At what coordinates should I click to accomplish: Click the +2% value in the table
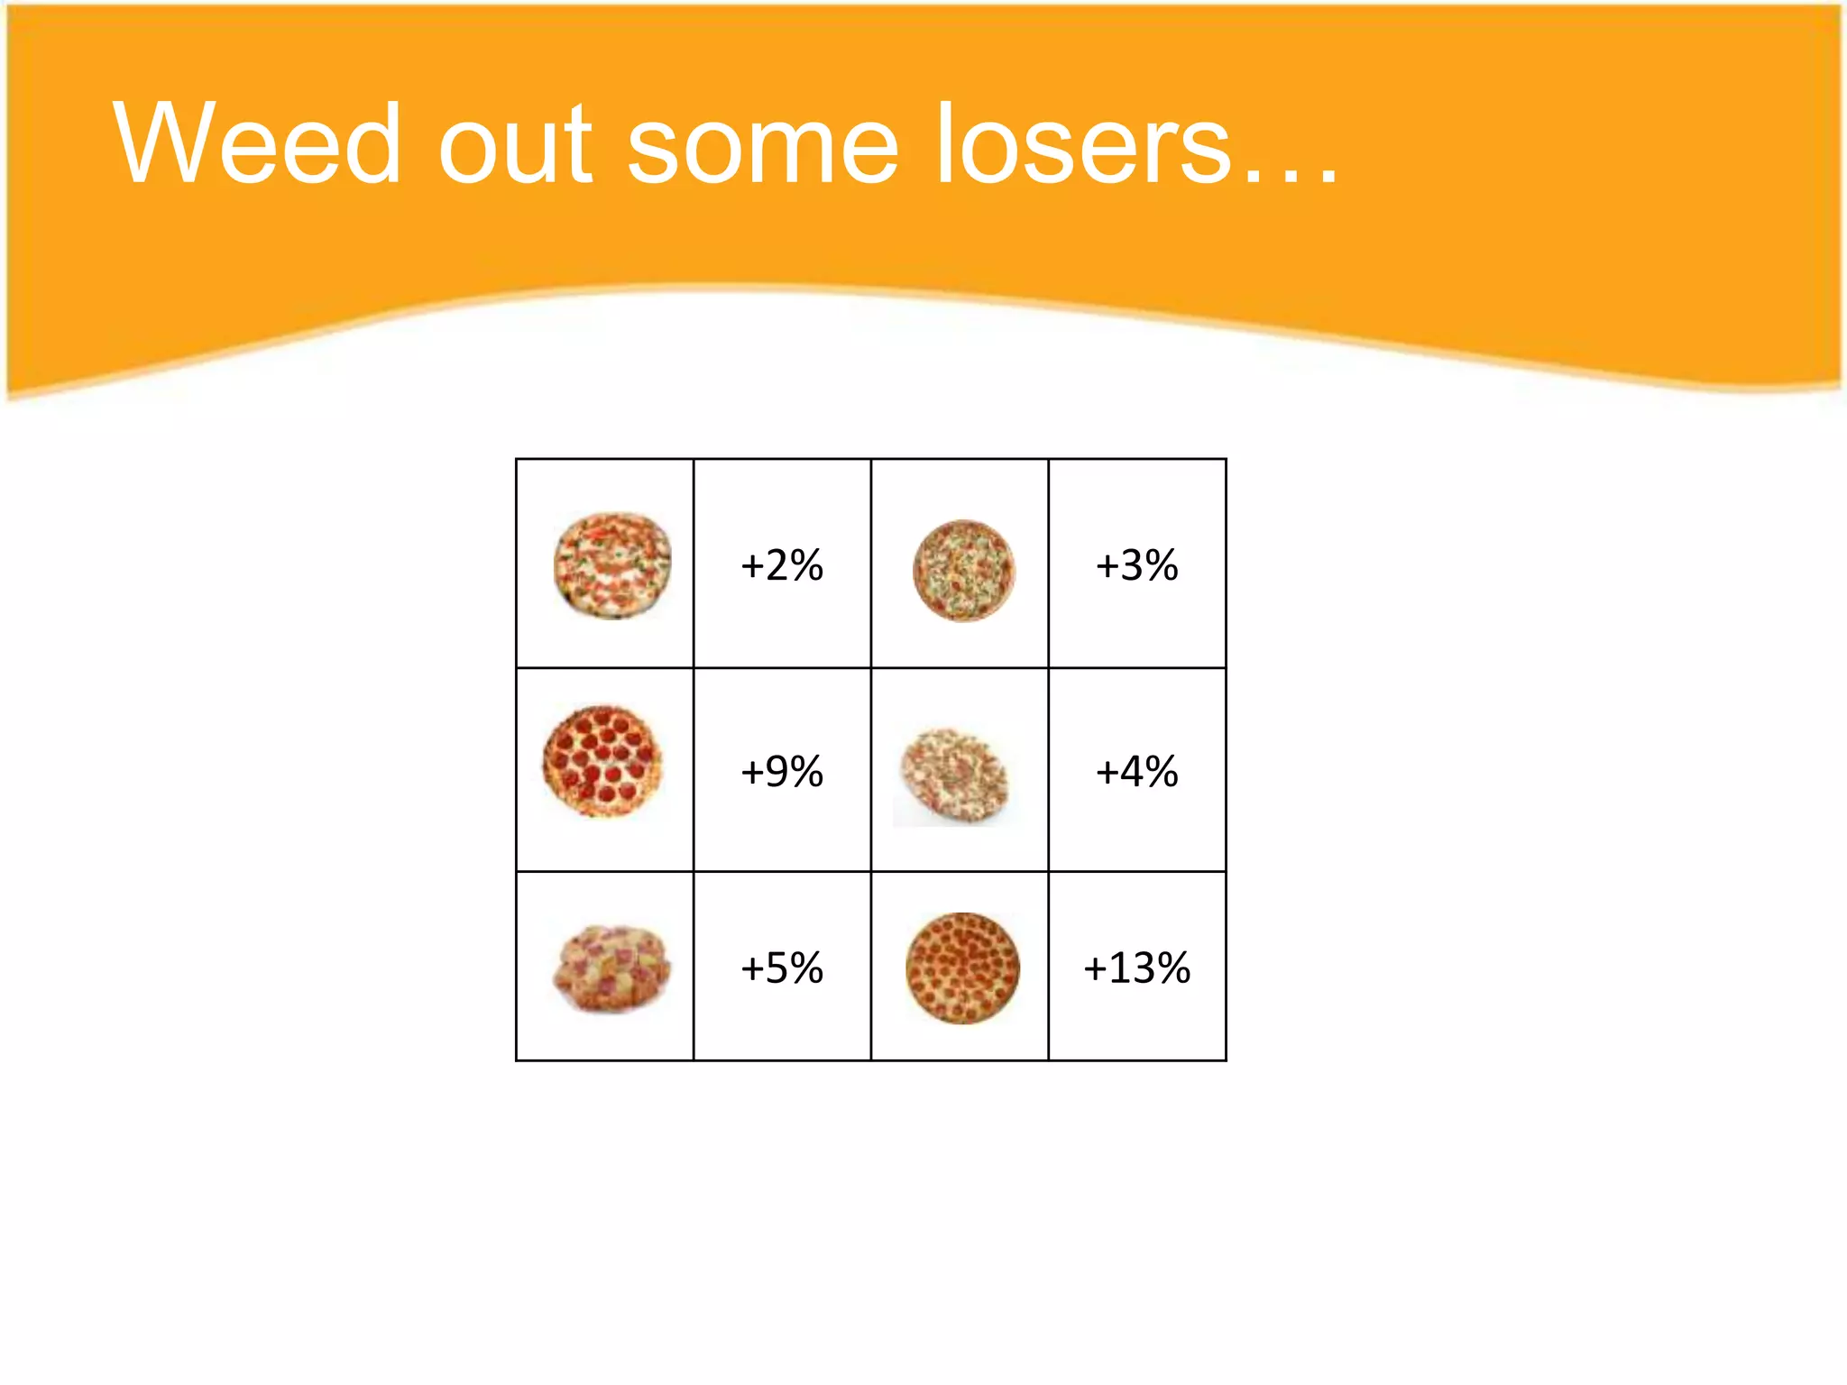pos(781,565)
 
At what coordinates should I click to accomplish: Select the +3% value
pos(1136,565)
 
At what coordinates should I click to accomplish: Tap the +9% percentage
pos(781,772)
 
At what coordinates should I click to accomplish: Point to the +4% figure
pos(1136,772)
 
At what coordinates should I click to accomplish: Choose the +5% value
pos(781,968)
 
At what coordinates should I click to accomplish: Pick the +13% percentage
pos(1136,968)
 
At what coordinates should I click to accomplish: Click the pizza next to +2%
pos(612,565)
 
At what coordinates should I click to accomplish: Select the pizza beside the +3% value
pos(963,571)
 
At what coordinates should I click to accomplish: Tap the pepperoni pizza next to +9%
pos(602,761)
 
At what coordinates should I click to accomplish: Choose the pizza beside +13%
pos(962,968)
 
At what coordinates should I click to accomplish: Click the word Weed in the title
pos(257,144)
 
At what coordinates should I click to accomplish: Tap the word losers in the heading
pos(1082,144)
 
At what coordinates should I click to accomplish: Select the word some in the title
pos(763,144)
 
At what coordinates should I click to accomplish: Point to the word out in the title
pos(515,144)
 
